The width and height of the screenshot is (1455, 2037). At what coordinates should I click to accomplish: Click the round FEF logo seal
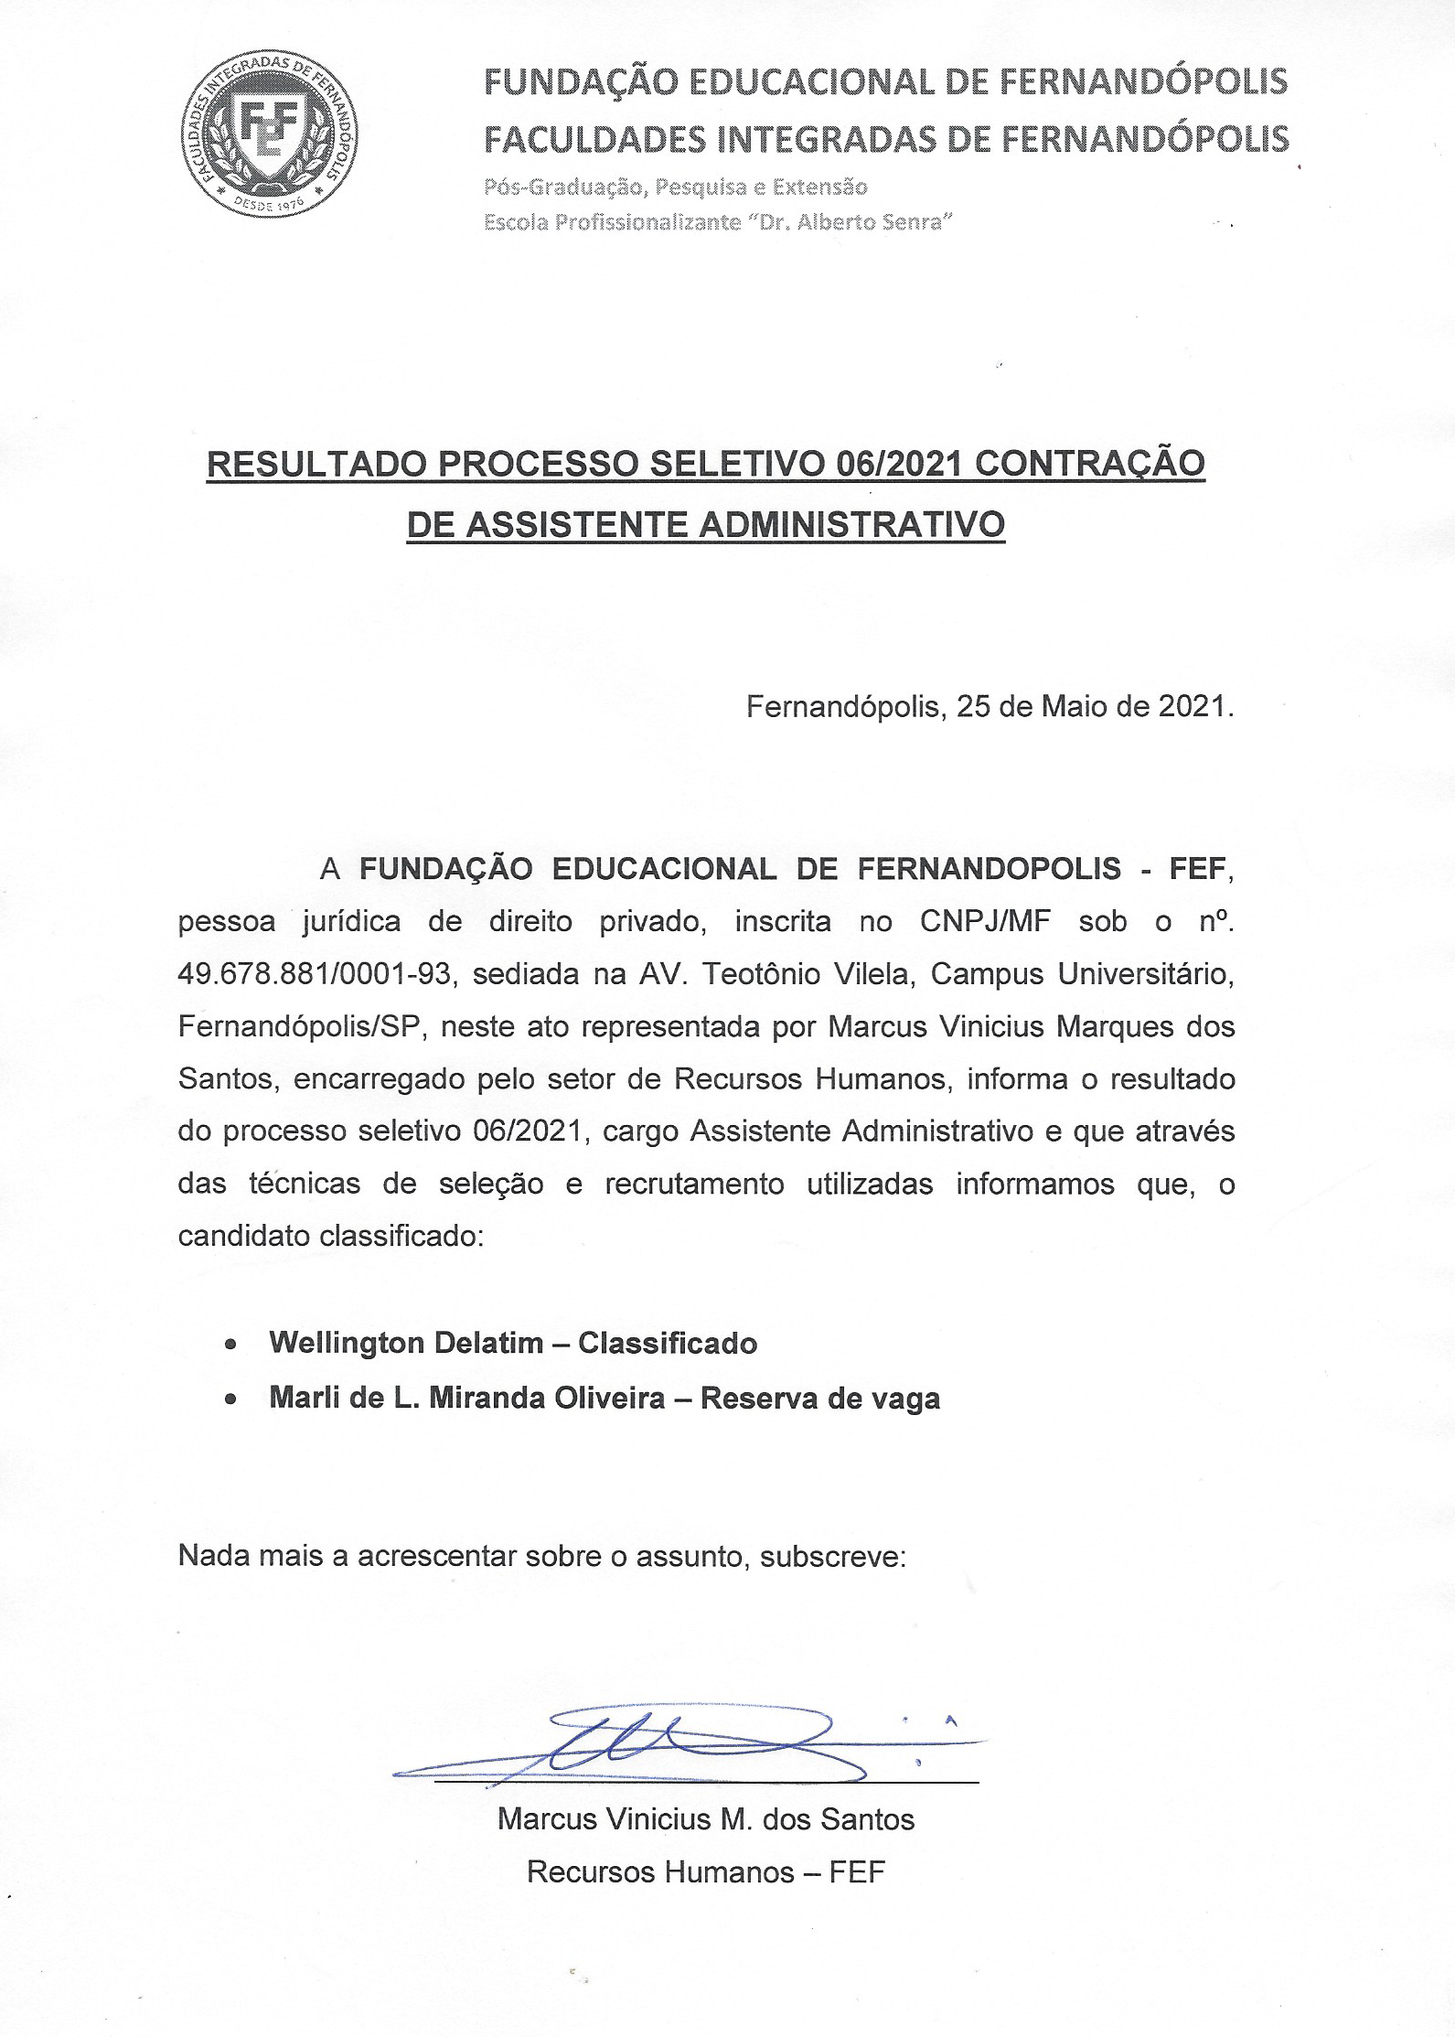(x=269, y=134)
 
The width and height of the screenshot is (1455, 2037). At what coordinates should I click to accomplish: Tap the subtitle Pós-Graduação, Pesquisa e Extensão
(x=675, y=188)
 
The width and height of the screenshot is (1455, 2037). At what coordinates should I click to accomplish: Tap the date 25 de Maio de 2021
(x=1095, y=706)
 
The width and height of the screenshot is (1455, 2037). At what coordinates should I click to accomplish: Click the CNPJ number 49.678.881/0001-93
(x=315, y=974)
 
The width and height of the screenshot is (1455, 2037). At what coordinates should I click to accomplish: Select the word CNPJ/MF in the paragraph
(x=985, y=921)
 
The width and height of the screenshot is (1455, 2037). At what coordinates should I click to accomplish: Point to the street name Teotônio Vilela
(x=808, y=974)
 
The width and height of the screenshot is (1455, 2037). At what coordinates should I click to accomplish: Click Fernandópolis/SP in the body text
(x=298, y=1026)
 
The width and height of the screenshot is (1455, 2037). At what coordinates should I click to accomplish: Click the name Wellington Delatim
(x=406, y=1343)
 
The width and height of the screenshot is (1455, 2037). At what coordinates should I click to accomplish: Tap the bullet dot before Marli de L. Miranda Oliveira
(x=231, y=1399)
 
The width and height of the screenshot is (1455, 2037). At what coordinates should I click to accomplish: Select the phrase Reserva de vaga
(x=819, y=1399)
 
